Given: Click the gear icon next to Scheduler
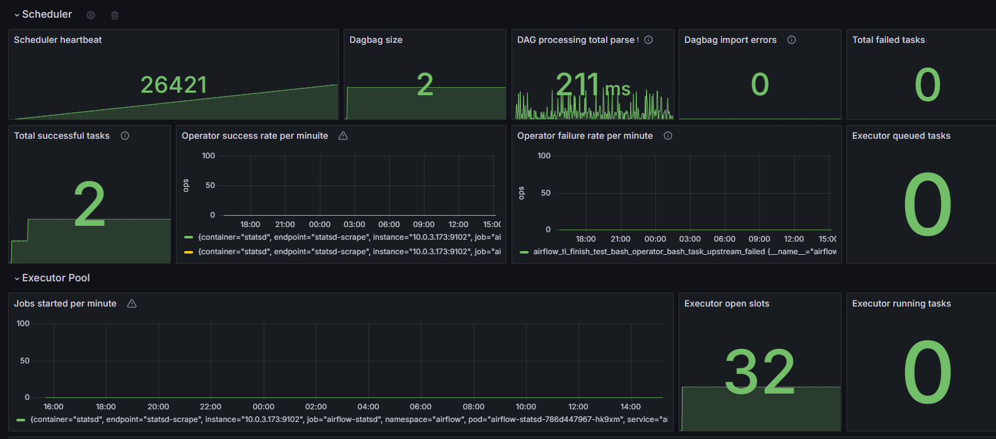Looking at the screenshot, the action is click(x=91, y=15).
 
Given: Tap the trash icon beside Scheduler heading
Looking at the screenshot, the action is click(x=115, y=15).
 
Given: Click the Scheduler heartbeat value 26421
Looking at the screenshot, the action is click(x=174, y=85).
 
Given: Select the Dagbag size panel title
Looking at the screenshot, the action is click(x=376, y=40).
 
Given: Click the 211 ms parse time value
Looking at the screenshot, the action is click(x=593, y=85).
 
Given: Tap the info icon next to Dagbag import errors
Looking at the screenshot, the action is click(x=792, y=40).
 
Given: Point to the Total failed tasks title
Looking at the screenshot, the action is click(x=888, y=40).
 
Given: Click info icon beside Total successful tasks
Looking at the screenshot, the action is click(x=125, y=136).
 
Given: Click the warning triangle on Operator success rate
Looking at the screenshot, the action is click(x=343, y=136).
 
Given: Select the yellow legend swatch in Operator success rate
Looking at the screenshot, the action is click(x=189, y=252).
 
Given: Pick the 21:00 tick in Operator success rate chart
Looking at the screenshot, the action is click(x=285, y=225).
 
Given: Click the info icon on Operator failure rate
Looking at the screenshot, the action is click(x=668, y=136).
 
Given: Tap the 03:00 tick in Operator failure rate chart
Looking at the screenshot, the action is click(x=689, y=239).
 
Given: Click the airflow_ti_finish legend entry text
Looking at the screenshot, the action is click(x=685, y=252).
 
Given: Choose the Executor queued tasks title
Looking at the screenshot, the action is click(x=901, y=136).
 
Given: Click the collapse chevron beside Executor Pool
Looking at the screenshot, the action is click(x=17, y=278).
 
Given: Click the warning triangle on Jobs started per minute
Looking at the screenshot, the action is click(x=132, y=303).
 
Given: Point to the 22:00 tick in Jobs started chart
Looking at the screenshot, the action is click(x=210, y=407).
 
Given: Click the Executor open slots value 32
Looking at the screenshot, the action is click(x=760, y=372).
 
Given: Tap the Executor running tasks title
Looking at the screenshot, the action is click(x=901, y=303).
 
